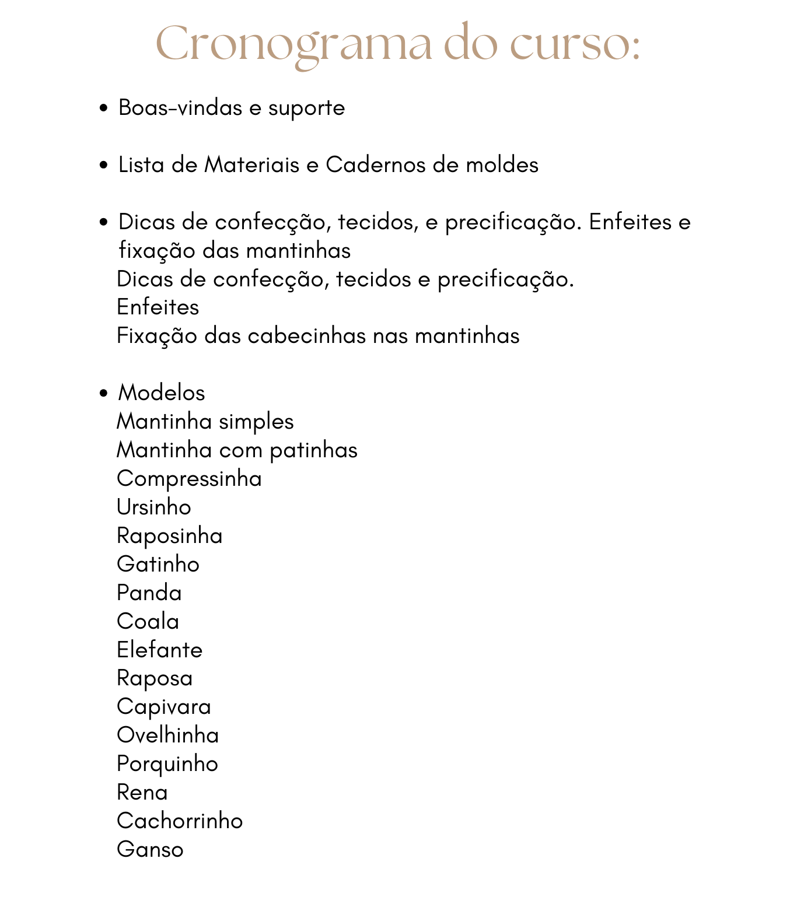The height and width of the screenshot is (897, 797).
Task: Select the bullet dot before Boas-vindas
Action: coord(104,108)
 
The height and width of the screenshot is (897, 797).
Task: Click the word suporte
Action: coord(306,108)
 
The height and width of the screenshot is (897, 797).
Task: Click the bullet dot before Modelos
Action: coord(104,393)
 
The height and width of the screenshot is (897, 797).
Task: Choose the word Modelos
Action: coord(162,393)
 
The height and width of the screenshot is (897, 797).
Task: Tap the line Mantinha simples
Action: coord(205,422)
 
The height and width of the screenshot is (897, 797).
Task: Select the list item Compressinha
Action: coord(189,479)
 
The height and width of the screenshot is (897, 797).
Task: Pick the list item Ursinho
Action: coord(153,507)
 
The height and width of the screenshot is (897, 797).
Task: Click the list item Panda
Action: coord(149,593)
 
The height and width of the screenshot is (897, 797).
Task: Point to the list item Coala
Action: coord(148,622)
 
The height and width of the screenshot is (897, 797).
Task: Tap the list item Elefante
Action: coord(159,650)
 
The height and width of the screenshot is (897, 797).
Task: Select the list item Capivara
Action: coord(163,707)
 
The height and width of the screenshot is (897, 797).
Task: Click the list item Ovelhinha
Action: coord(167,735)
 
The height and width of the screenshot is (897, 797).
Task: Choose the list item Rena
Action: coord(142,793)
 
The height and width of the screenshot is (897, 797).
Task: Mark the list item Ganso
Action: coord(150,850)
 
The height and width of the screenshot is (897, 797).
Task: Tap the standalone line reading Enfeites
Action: coord(158,307)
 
